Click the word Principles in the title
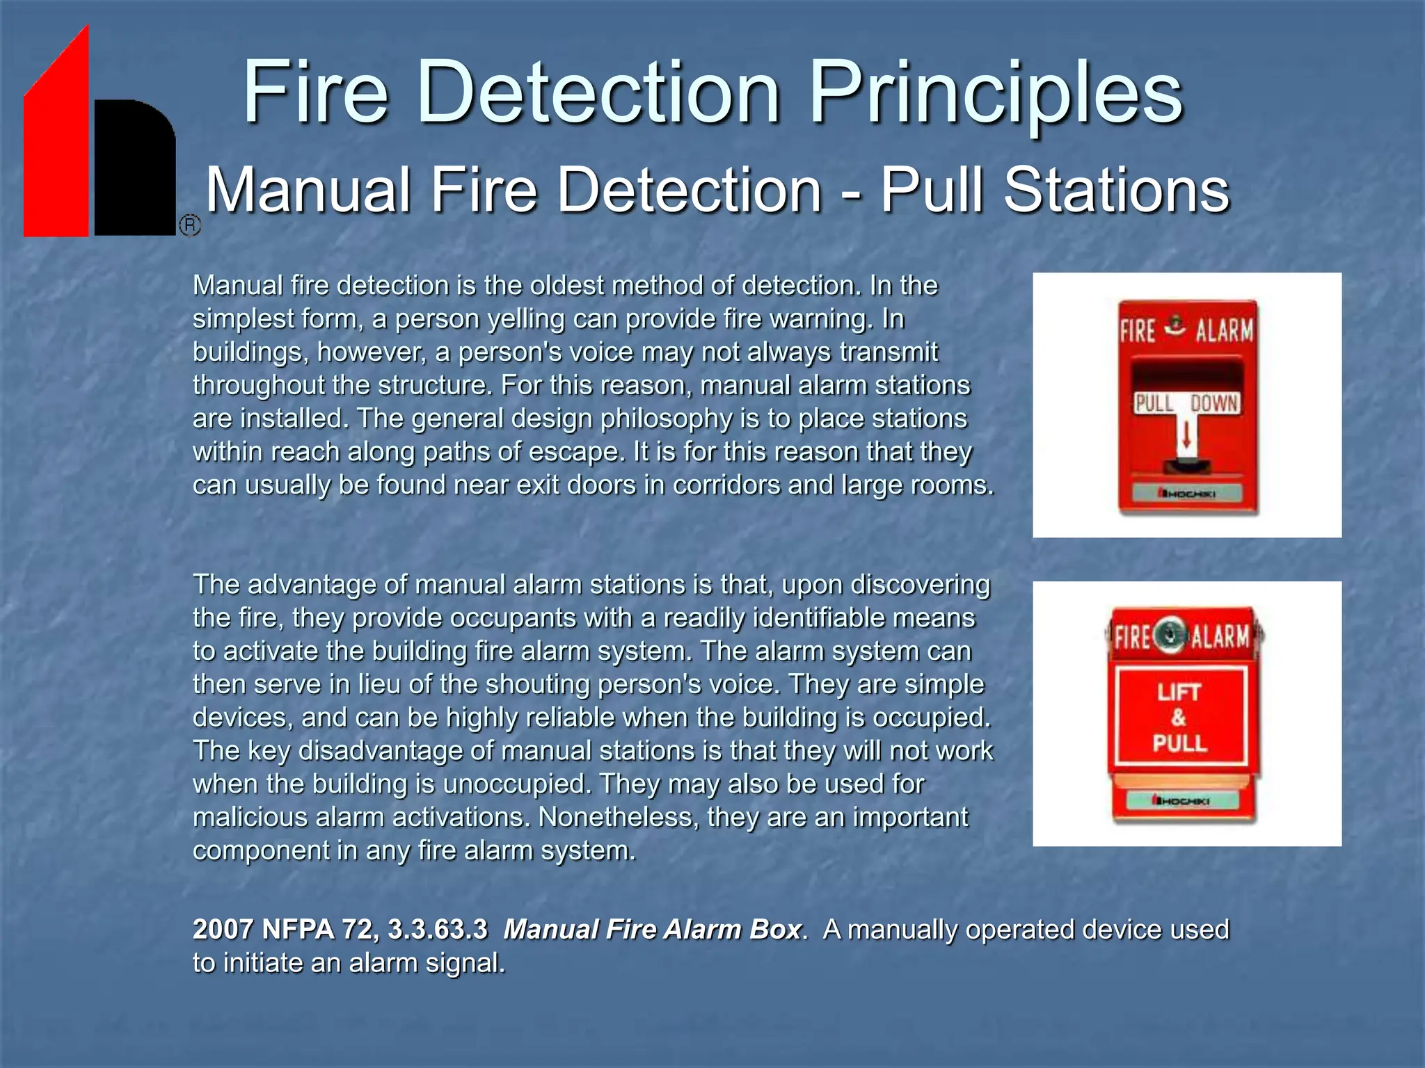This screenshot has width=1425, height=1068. (996, 94)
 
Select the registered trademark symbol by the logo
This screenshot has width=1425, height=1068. (190, 225)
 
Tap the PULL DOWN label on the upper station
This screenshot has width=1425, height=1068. (1187, 403)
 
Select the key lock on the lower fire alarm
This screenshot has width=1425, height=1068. (1171, 635)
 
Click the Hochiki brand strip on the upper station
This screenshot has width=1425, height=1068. (1187, 494)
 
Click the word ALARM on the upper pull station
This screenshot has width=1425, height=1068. (1224, 330)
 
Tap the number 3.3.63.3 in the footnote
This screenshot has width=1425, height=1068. (438, 930)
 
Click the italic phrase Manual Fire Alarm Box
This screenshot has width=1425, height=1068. (652, 930)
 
